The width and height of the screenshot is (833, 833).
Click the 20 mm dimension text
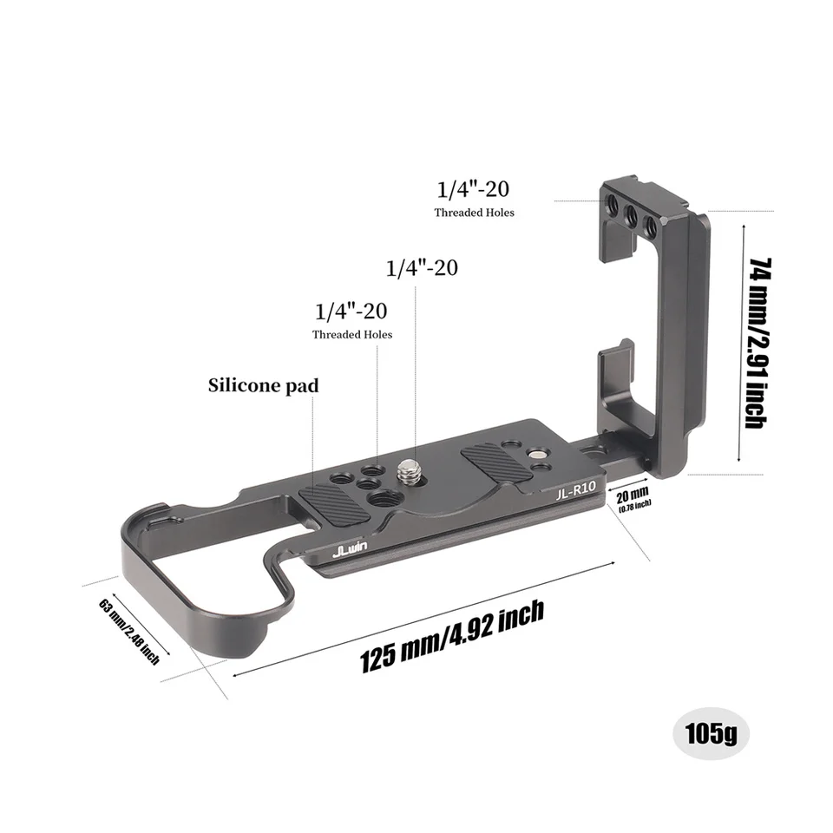[x=633, y=496]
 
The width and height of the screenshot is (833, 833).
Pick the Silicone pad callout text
[x=263, y=385]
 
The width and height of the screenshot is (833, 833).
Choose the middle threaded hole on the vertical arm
[x=633, y=218]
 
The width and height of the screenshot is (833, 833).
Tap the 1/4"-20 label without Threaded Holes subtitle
[x=422, y=267]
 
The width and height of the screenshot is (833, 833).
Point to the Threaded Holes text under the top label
[x=474, y=213]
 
